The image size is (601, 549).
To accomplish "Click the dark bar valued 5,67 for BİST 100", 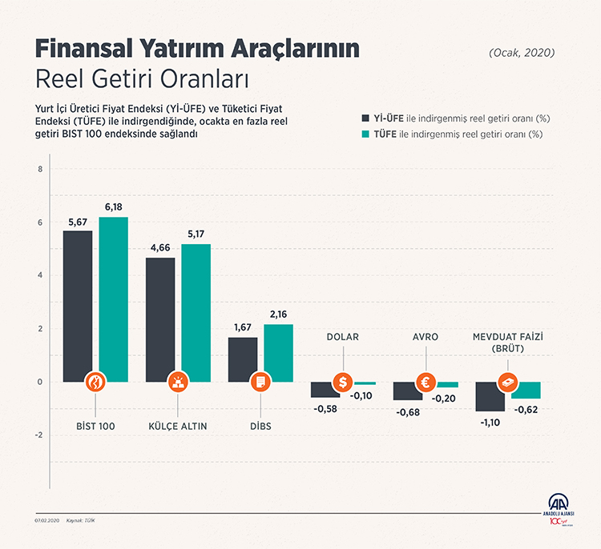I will tap(78, 304).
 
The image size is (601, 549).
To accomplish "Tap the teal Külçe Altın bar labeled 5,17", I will tap(196, 312).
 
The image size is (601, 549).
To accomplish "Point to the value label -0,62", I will tap(525, 409).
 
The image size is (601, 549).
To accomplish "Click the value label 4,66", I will tap(160, 248).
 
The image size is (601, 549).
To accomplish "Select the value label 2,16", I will tap(278, 315).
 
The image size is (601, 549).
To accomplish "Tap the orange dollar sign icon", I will tap(343, 383).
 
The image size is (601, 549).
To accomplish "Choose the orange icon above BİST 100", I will tap(95, 383).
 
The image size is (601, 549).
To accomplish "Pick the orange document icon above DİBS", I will tap(260, 383).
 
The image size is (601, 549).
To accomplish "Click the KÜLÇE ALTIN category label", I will tap(178, 426).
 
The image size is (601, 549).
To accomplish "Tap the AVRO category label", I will tap(425, 337).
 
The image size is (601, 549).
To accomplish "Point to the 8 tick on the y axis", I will tap(39, 169).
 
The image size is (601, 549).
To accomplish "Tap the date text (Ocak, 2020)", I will tap(521, 53).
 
